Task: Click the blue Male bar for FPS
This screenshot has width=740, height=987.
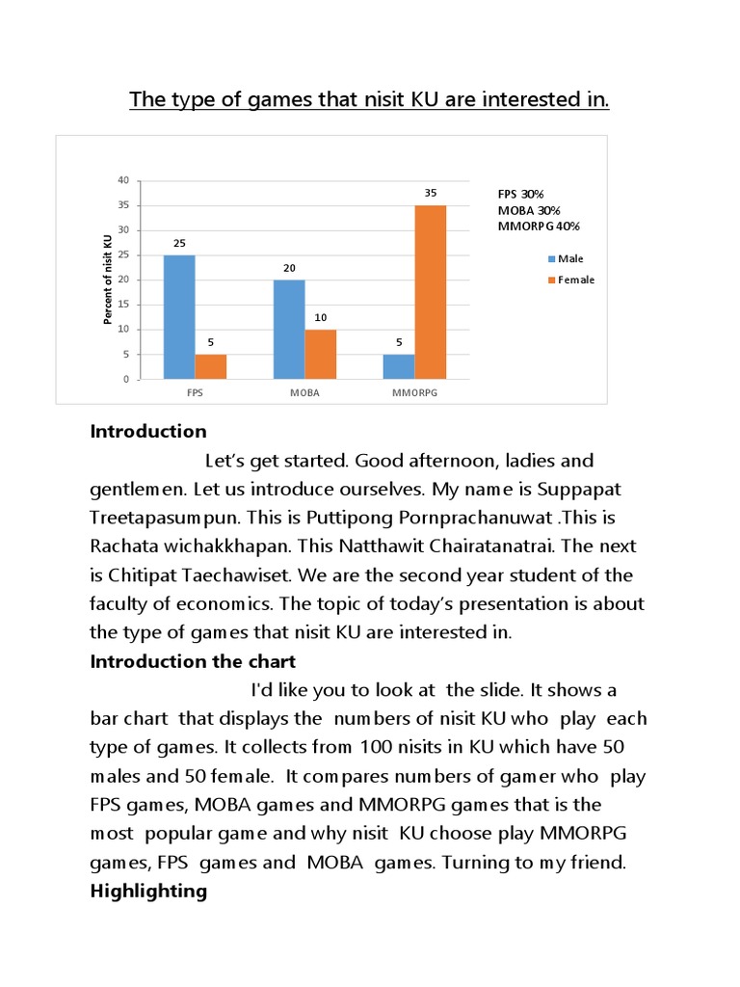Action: point(179,317)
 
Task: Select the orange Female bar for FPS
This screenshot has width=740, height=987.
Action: point(211,366)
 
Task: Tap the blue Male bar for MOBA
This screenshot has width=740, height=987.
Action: point(289,330)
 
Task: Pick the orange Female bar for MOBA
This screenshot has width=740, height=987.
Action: point(321,354)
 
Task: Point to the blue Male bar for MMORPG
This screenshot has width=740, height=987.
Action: point(399,366)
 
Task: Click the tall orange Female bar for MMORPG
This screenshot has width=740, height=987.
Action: point(431,292)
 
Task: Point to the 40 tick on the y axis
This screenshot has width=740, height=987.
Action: point(122,180)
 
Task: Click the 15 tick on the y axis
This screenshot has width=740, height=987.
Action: point(122,305)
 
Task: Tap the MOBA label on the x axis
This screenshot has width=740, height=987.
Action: point(305,393)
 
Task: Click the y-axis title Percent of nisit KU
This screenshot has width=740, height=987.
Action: point(108,279)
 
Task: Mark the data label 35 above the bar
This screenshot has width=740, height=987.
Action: point(431,193)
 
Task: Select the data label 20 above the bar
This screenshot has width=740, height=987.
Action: point(289,267)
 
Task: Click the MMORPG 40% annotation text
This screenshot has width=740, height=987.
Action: point(539,227)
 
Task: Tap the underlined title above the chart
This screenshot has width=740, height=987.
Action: point(370,99)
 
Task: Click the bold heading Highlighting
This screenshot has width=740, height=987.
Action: point(148,891)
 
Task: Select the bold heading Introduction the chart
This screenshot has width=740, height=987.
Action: point(193,661)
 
